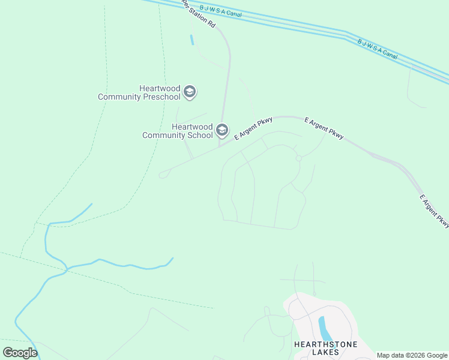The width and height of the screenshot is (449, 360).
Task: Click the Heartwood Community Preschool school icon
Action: tap(190, 92)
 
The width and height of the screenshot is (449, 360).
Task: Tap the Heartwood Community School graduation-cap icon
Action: tap(222, 130)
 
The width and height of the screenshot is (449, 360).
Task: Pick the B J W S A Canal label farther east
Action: tap(378, 49)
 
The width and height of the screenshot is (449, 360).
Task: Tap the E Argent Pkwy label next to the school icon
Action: tap(253, 128)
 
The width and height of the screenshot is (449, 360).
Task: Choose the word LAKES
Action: tap(325, 352)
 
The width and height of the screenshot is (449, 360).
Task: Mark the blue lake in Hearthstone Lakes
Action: tap(324, 329)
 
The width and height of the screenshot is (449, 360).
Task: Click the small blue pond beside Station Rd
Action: tap(191, 40)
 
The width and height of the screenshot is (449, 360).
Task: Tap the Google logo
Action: tap(20, 353)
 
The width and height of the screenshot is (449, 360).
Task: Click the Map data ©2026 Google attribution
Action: tap(412, 355)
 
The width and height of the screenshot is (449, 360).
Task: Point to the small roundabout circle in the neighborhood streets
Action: tap(298, 158)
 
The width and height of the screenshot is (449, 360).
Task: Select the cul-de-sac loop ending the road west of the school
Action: tap(163, 175)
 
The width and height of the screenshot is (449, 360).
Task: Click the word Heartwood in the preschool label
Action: tap(160, 88)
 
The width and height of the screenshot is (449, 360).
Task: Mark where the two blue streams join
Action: tap(67, 269)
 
